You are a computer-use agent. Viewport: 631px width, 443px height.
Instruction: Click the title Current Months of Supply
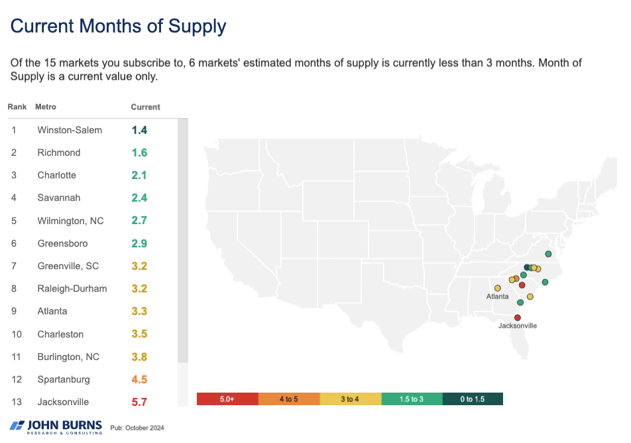click(119, 27)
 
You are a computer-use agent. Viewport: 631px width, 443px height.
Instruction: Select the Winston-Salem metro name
click(70, 130)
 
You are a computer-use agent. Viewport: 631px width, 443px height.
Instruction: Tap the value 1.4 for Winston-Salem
click(139, 130)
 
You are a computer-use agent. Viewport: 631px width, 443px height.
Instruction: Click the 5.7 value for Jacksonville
click(139, 402)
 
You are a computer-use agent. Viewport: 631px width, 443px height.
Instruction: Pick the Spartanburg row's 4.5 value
click(139, 379)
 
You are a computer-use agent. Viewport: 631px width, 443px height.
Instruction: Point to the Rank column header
click(17, 107)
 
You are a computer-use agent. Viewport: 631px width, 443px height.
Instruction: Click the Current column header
click(145, 107)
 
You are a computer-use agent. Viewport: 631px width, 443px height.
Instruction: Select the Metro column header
click(46, 107)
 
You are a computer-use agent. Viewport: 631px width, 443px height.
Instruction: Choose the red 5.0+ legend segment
click(227, 399)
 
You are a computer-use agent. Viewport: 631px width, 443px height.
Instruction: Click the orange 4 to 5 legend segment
click(288, 399)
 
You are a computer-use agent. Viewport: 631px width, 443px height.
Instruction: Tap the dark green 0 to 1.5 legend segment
click(473, 399)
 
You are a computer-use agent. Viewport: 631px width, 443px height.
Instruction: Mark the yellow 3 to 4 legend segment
click(350, 399)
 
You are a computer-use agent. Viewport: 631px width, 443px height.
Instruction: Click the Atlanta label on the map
click(497, 296)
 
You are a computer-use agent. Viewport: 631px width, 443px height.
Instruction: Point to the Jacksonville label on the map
click(518, 326)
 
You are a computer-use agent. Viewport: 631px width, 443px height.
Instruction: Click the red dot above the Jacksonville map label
click(518, 318)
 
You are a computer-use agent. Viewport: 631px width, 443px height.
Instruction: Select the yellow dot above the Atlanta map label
click(497, 288)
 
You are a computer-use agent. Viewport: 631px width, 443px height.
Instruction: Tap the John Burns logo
click(56, 426)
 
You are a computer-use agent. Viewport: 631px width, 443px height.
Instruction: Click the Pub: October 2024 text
click(137, 428)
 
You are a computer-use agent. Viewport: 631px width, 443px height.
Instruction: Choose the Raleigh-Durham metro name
click(72, 288)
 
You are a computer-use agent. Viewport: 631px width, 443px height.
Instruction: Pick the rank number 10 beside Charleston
click(16, 334)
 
